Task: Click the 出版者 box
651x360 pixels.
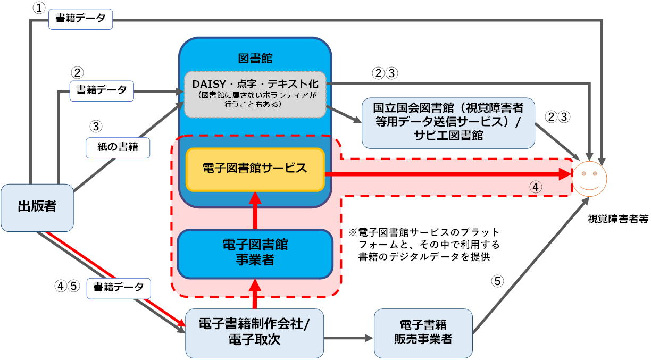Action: [37, 207]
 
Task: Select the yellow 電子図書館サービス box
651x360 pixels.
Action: [255, 169]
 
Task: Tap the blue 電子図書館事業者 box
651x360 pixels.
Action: [255, 253]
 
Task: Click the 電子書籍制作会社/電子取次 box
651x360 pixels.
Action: [254, 333]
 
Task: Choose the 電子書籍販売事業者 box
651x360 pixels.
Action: [423, 333]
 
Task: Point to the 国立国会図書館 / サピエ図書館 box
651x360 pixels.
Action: [448, 122]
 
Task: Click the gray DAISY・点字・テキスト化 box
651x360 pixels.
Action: [255, 95]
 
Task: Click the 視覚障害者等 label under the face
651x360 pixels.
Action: [617, 219]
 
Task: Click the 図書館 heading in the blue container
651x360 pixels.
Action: [255, 57]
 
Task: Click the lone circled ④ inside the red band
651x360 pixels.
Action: [536, 187]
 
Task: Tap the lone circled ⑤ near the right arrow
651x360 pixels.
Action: [497, 281]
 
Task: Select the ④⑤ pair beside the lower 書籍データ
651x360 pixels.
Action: [67, 286]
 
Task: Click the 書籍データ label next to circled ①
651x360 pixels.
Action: [80, 19]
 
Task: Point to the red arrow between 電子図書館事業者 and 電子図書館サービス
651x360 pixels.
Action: [255, 211]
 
